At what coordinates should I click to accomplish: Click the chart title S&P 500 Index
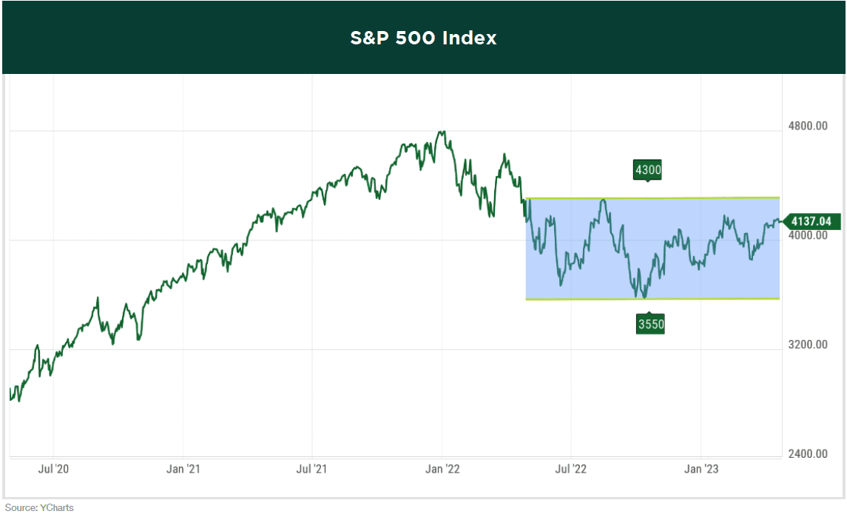(x=423, y=38)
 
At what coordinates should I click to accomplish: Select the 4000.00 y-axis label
(x=807, y=235)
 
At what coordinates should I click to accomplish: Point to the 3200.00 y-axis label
(x=807, y=345)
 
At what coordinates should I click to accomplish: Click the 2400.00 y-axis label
(x=807, y=454)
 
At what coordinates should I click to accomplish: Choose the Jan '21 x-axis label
(x=183, y=469)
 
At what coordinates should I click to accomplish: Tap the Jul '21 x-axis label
(x=312, y=469)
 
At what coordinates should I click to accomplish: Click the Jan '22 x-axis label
(x=442, y=469)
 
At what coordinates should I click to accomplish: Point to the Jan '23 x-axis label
(x=701, y=469)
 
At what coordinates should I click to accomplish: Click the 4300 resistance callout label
(x=647, y=170)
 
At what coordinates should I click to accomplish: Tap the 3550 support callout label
(x=650, y=324)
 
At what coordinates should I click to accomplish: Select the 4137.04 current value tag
(x=811, y=220)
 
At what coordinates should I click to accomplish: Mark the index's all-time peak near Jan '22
(x=442, y=132)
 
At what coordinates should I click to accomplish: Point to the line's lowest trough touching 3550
(x=645, y=297)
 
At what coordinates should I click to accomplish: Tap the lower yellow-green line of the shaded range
(x=703, y=299)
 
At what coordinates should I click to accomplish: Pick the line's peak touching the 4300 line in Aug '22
(x=604, y=200)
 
